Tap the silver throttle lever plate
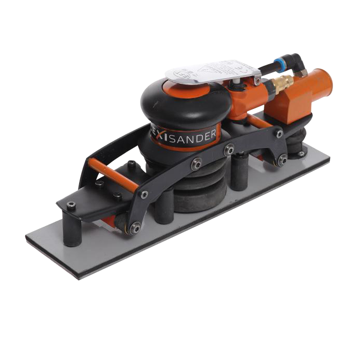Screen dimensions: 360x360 point(212,72)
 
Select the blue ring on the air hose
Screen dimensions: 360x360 point(277,60)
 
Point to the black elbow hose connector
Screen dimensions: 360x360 point(297,61)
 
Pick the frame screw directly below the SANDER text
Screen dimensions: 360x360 point(196,164)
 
